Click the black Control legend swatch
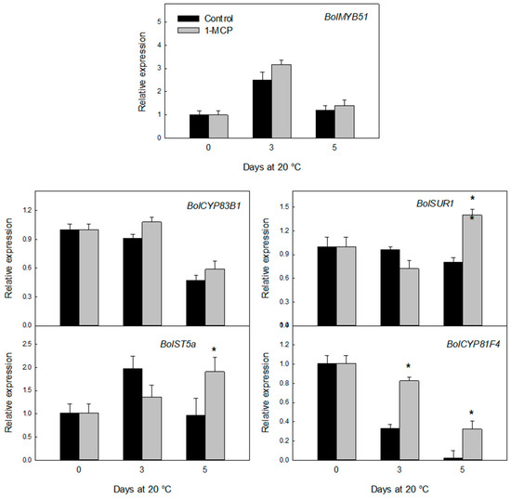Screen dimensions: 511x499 pyautogui.click(x=188, y=19)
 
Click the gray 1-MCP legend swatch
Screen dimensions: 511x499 pyautogui.click(x=188, y=30)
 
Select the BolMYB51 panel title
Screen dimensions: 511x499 pyautogui.click(x=346, y=17)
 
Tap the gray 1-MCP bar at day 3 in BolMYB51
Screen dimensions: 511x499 pyautogui.click(x=282, y=101)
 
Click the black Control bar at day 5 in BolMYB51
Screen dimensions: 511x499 pyautogui.click(x=325, y=125)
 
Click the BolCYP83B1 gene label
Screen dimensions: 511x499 pyautogui.click(x=214, y=205)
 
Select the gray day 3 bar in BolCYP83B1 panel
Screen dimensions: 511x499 pyautogui.click(x=151, y=274)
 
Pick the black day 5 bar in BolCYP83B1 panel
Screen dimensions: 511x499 pyautogui.click(x=195, y=303)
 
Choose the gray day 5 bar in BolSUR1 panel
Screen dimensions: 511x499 pyautogui.click(x=472, y=270)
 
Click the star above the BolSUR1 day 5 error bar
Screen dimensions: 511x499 pyautogui.click(x=473, y=198)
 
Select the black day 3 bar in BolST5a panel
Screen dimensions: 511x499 pyautogui.click(x=133, y=414)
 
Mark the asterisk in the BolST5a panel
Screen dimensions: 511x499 pyautogui.click(x=214, y=349)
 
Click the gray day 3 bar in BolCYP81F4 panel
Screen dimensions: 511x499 pyautogui.click(x=410, y=420)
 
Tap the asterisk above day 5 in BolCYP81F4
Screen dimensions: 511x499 pyautogui.click(x=472, y=413)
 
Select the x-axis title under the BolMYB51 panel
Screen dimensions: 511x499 pyautogui.click(x=272, y=167)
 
